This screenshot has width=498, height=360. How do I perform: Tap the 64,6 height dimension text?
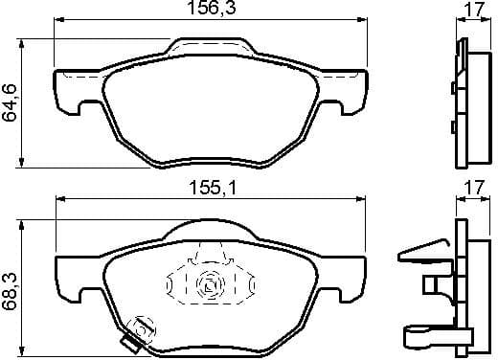(x=11, y=101)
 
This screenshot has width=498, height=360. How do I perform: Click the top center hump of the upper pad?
(x=212, y=45)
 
